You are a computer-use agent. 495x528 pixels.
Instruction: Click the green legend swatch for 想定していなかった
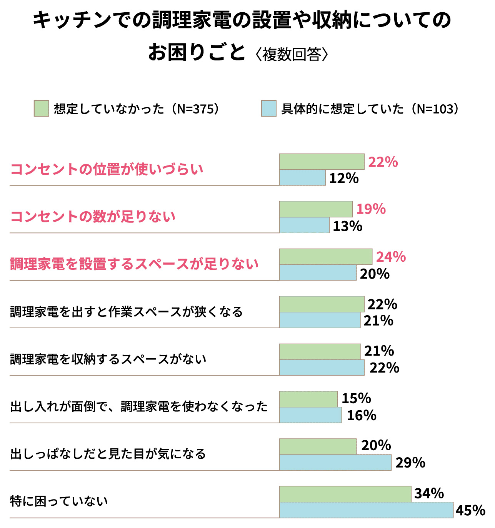[x=41, y=109]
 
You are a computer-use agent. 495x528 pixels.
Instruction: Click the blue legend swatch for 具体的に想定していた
[x=268, y=109]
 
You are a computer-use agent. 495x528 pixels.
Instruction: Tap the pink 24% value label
[x=391, y=257]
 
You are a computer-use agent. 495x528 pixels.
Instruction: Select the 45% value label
[x=470, y=510]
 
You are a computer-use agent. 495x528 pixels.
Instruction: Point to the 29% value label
[x=410, y=463]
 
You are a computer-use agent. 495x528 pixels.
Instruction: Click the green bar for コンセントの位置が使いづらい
[x=322, y=162]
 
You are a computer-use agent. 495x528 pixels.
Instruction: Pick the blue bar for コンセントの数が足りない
[x=304, y=226]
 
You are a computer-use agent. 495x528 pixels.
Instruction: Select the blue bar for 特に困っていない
[x=366, y=510]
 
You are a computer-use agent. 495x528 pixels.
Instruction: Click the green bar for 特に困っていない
[x=345, y=494]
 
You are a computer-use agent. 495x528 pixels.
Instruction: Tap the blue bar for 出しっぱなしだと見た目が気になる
[x=335, y=463]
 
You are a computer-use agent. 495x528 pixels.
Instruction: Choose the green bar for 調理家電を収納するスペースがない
[x=320, y=351]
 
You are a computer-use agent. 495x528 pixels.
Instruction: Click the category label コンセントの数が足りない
[x=93, y=217]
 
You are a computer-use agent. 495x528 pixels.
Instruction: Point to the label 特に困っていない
[x=59, y=501]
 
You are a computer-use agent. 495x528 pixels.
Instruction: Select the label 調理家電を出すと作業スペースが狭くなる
[x=126, y=312]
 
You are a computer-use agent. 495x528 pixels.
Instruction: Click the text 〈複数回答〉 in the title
[x=292, y=54]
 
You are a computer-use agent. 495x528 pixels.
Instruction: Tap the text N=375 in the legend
[x=195, y=109]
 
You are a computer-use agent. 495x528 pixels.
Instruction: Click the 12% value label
[x=344, y=179]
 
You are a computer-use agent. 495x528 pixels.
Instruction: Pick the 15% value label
[x=356, y=398]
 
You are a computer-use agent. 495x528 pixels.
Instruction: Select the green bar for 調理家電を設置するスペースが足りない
[x=325, y=257]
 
